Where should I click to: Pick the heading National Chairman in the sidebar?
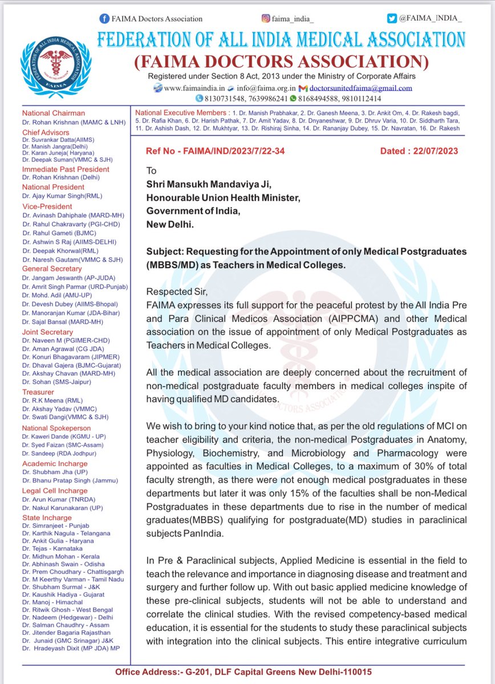tap(53, 113)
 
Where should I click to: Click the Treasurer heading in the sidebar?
tap(39, 392)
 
